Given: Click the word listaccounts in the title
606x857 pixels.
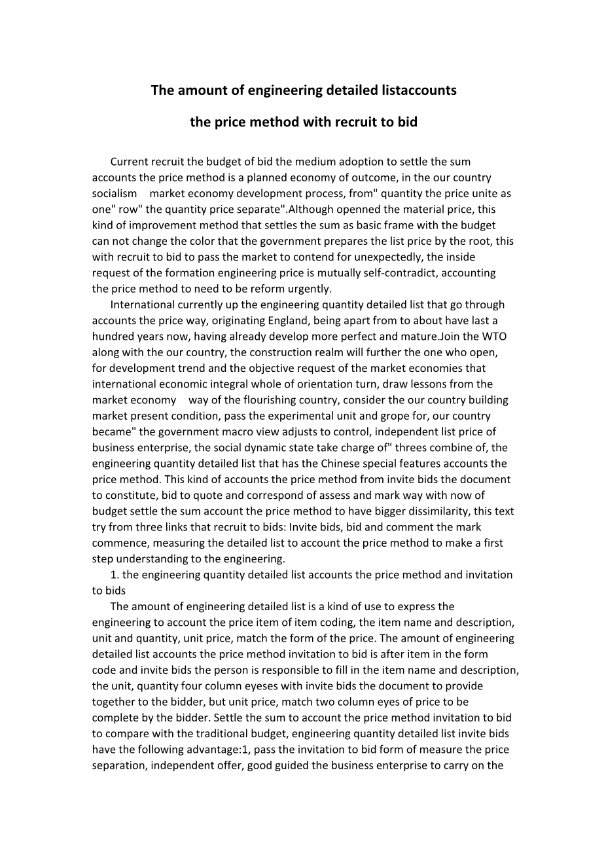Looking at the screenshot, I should [419, 90].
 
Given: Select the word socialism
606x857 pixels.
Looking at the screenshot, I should [115, 193].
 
